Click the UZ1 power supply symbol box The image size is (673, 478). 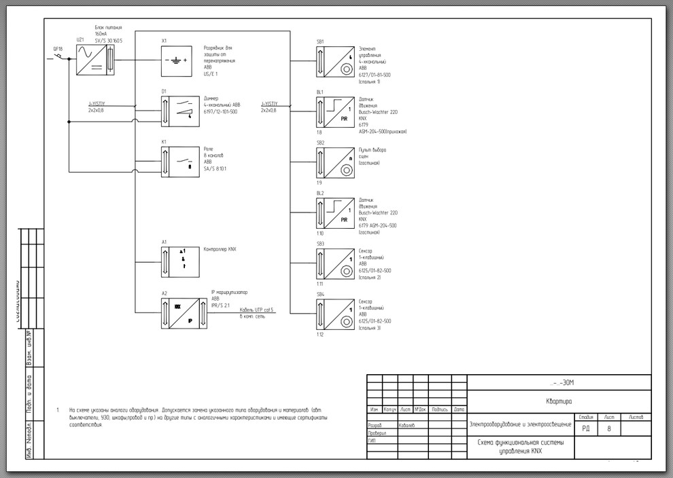[x=96, y=60]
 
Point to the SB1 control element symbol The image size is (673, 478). [x=334, y=61]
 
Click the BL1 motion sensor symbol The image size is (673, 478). [x=334, y=111]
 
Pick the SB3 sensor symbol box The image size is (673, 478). [x=334, y=262]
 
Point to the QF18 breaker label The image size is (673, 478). [x=58, y=49]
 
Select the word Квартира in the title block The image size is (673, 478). [x=559, y=401]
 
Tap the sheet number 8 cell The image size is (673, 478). [x=608, y=428]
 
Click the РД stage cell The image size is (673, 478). [x=586, y=428]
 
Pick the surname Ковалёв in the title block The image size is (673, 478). [x=407, y=425]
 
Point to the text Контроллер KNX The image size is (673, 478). [x=220, y=249]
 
